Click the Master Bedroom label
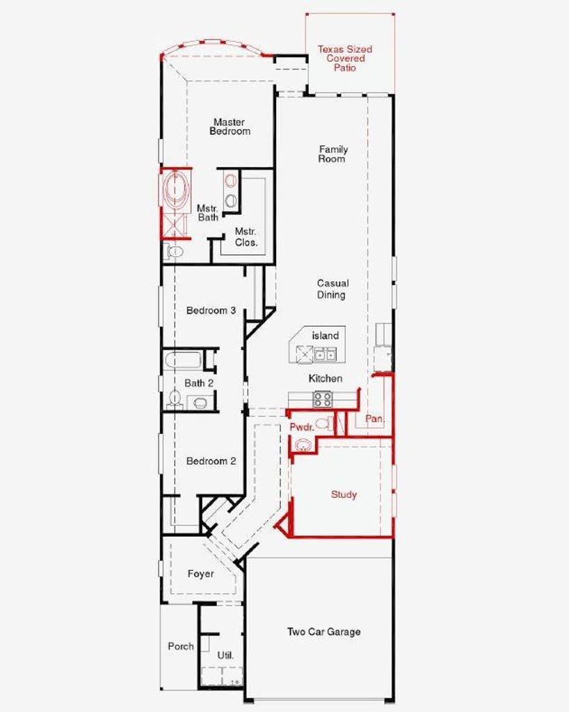(230, 127)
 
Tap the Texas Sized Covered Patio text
(345, 58)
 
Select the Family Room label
(333, 154)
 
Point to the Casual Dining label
(333, 289)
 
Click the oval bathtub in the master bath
(175, 190)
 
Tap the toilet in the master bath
(173, 251)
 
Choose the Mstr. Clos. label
(246, 237)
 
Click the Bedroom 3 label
(211, 311)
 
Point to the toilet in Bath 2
(174, 398)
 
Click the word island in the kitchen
(325, 336)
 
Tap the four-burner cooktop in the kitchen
(323, 400)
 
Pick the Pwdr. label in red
(302, 428)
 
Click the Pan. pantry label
(375, 418)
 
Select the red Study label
(344, 494)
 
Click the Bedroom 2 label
(211, 462)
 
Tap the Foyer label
(201, 574)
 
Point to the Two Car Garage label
(323, 631)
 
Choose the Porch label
(181, 646)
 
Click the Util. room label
(225, 655)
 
